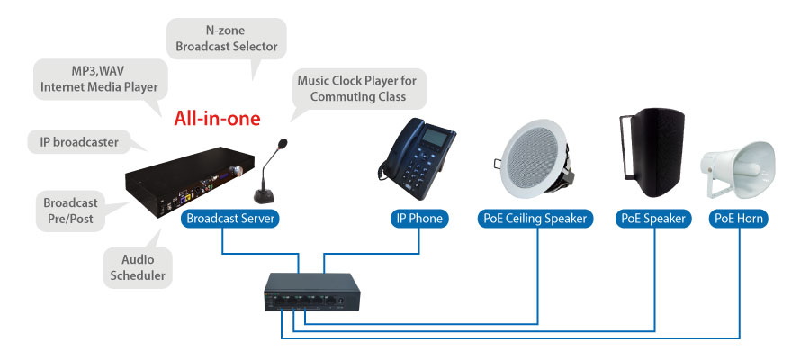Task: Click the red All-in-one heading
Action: (x=217, y=118)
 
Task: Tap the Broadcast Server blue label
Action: (x=229, y=219)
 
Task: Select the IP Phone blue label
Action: (x=418, y=219)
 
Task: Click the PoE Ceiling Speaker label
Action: (x=534, y=219)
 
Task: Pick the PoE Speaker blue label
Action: (x=653, y=219)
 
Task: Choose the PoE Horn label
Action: (x=740, y=219)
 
